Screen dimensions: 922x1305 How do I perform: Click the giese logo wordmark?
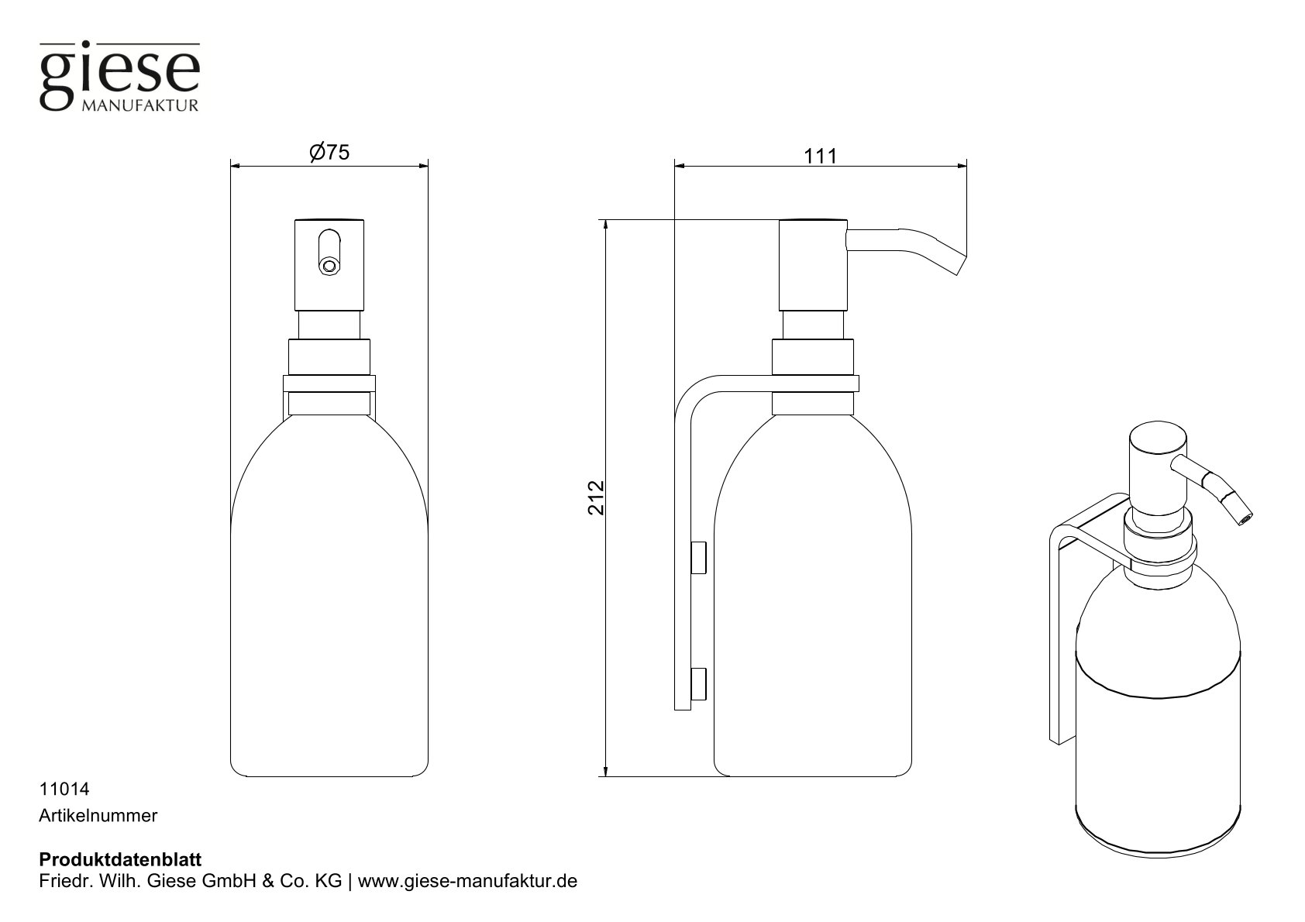coord(119,75)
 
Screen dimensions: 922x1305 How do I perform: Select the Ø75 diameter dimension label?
coord(329,153)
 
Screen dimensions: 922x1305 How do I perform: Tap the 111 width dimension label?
coord(820,156)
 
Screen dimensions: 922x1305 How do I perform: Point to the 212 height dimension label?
coord(595,498)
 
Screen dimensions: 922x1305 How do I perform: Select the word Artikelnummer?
coord(98,816)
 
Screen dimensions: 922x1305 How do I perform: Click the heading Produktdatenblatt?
coord(120,859)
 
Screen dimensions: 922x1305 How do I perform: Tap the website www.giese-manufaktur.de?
coord(467,882)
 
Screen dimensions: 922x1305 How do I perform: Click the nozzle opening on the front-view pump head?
coord(329,267)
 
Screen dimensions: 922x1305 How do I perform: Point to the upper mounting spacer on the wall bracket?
coord(699,558)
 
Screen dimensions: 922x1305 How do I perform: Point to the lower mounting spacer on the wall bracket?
coord(699,683)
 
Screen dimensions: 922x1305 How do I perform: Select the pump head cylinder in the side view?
coord(811,264)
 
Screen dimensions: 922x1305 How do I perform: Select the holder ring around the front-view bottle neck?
coord(329,384)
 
